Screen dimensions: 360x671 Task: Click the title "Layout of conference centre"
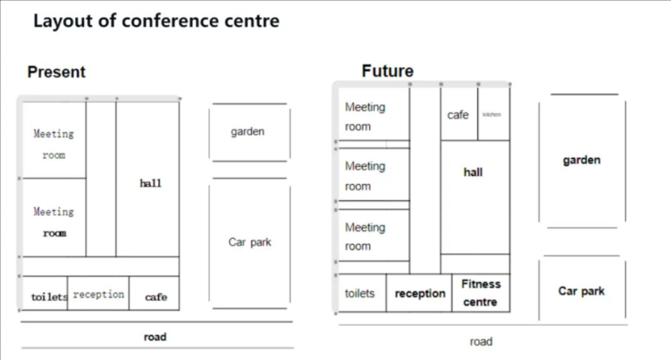pos(156,22)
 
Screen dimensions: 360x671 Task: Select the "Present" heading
pos(57,72)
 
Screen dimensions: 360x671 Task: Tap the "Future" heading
pos(388,71)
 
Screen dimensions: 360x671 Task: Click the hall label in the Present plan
pos(150,183)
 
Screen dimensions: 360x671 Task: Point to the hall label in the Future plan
pos(473,172)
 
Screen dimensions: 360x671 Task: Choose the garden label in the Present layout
pos(248,132)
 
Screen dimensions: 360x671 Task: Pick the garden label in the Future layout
pos(581,160)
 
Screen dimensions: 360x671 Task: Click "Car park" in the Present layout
pos(250,242)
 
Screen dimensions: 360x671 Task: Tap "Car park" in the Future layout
pos(581,291)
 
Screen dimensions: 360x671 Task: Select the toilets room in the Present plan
pos(45,296)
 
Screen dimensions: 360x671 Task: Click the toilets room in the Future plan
pos(360,293)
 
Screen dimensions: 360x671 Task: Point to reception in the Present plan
pos(99,295)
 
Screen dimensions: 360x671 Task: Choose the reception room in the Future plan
pos(420,294)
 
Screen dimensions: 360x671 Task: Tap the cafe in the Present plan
pos(156,296)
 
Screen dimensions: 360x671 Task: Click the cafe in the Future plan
pos(458,115)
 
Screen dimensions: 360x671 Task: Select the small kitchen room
pos(492,115)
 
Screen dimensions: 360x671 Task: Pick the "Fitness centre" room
pos(480,293)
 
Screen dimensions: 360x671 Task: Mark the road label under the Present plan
pos(154,336)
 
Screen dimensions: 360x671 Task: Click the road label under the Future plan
pos(481,341)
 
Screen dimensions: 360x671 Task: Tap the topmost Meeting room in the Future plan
pos(366,116)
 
